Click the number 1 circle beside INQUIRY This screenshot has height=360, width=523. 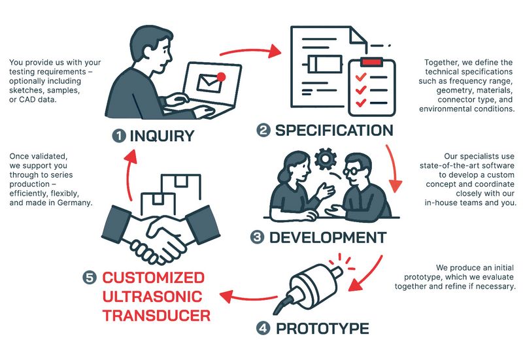click(119, 136)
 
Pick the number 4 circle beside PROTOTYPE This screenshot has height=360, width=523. click(263, 327)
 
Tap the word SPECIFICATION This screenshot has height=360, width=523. click(334, 130)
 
